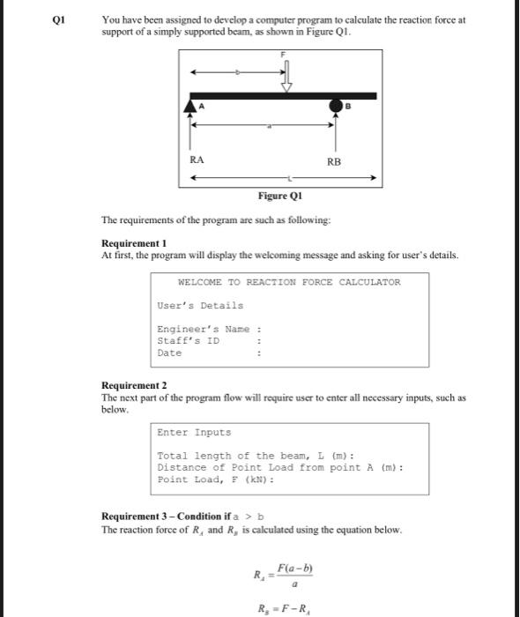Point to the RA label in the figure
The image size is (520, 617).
pyautogui.click(x=197, y=160)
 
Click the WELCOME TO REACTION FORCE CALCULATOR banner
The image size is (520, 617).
pyautogui.click(x=289, y=282)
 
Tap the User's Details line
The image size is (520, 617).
pyautogui.click(x=200, y=305)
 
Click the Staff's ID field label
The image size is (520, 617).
pyautogui.click(x=188, y=340)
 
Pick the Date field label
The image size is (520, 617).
pyautogui.click(x=169, y=353)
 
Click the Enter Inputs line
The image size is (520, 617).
pyautogui.click(x=194, y=432)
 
